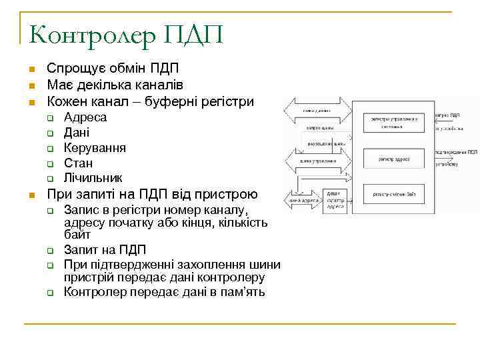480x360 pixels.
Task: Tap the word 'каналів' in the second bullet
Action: click(161, 85)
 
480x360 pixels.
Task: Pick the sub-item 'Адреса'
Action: click(85, 117)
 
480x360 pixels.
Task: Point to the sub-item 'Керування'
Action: click(95, 148)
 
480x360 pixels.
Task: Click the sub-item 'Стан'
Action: click(78, 163)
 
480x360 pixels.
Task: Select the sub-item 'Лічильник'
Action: click(93, 179)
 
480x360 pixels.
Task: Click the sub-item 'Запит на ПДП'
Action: click(105, 251)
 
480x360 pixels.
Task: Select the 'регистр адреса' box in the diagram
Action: click(394, 159)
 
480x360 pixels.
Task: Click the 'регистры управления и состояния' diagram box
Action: click(394, 123)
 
